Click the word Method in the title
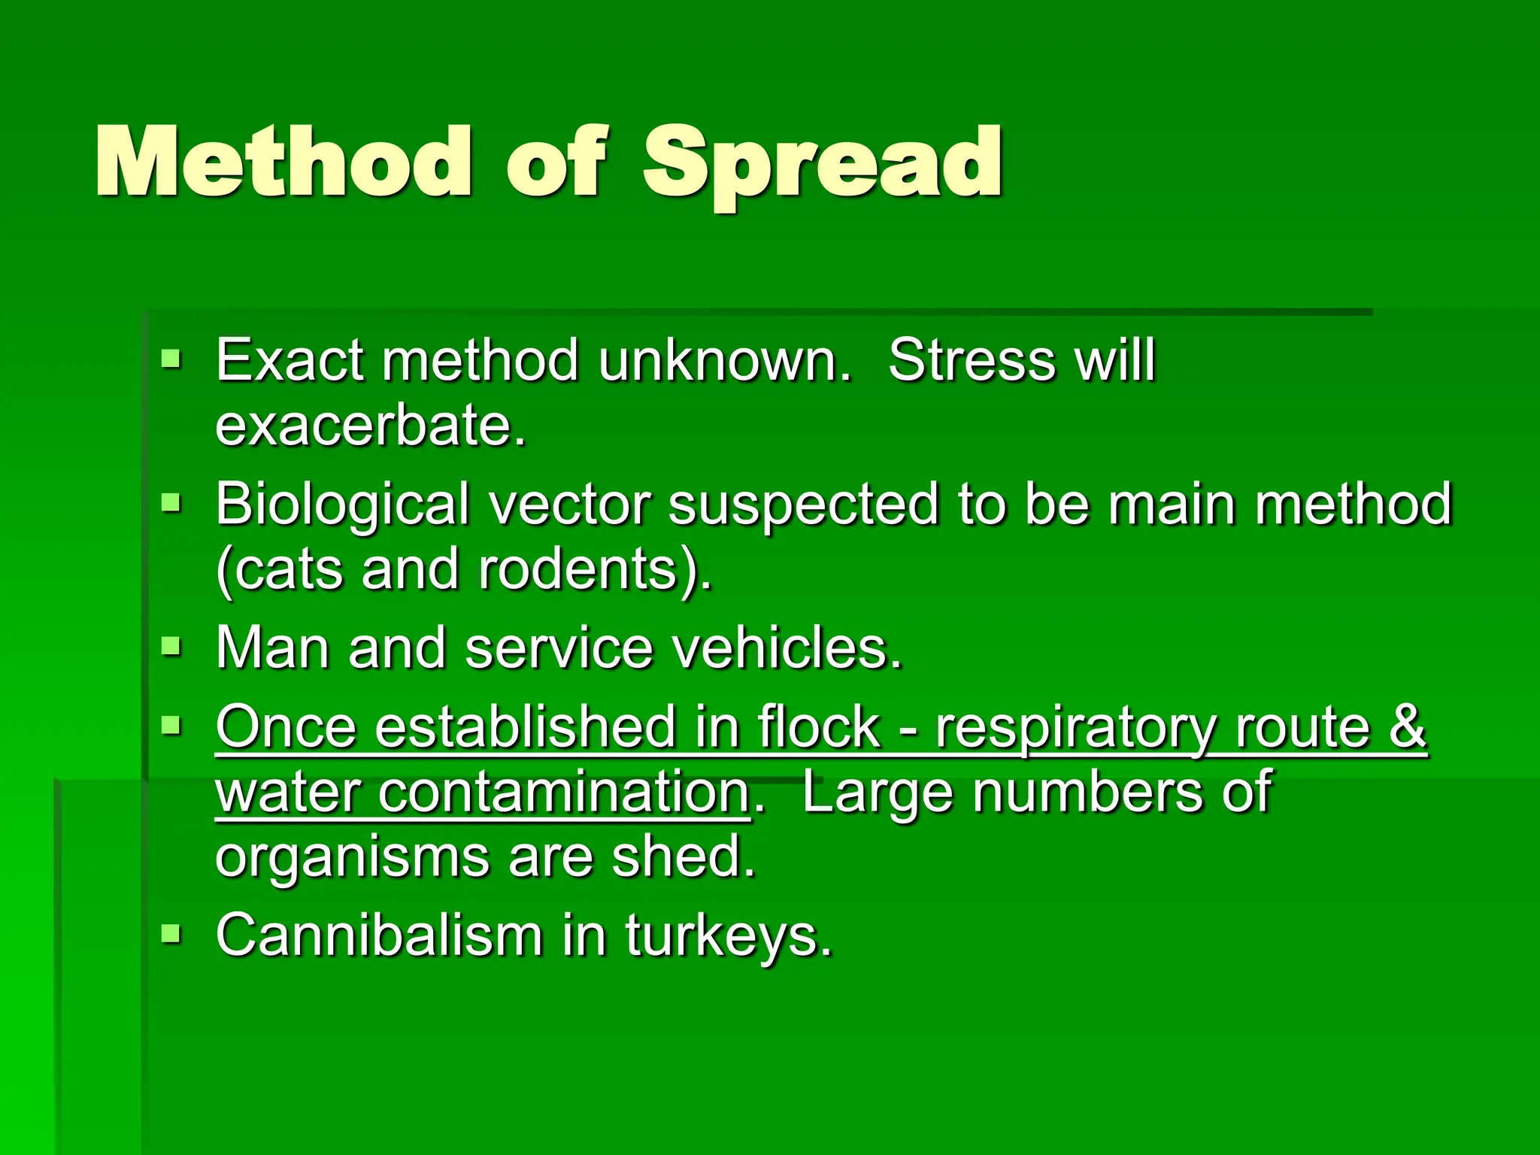pos(284,162)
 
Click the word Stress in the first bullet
pos(972,360)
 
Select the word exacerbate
pos(371,426)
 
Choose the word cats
pos(286,570)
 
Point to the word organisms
pos(353,859)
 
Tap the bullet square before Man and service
pos(171,645)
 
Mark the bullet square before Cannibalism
pos(171,934)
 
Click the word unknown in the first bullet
pos(725,360)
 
